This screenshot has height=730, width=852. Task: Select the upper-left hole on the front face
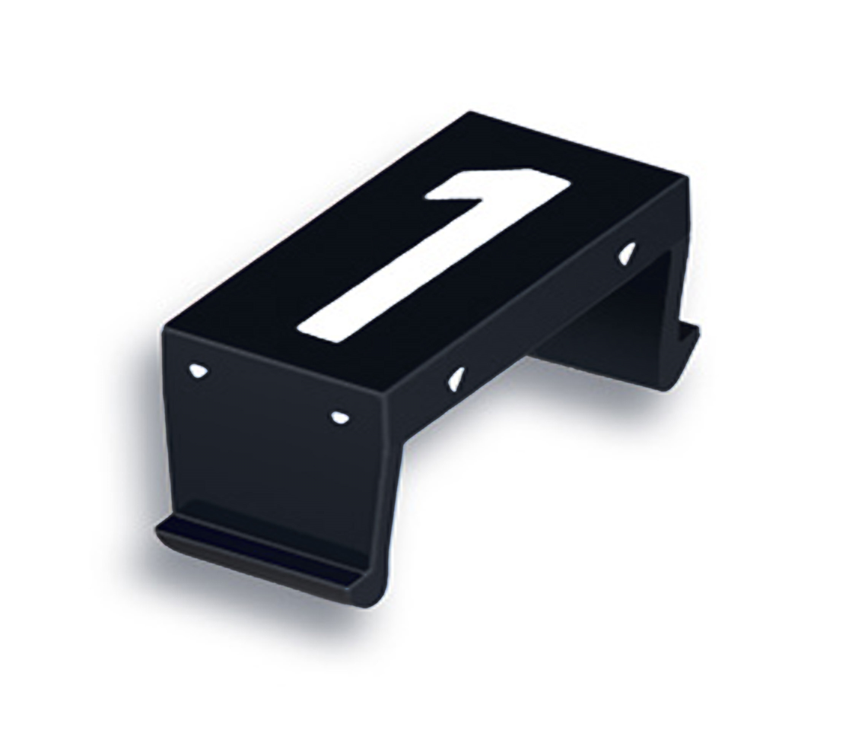(197, 370)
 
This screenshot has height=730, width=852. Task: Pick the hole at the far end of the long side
(627, 253)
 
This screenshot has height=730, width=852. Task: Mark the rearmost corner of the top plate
(470, 114)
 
